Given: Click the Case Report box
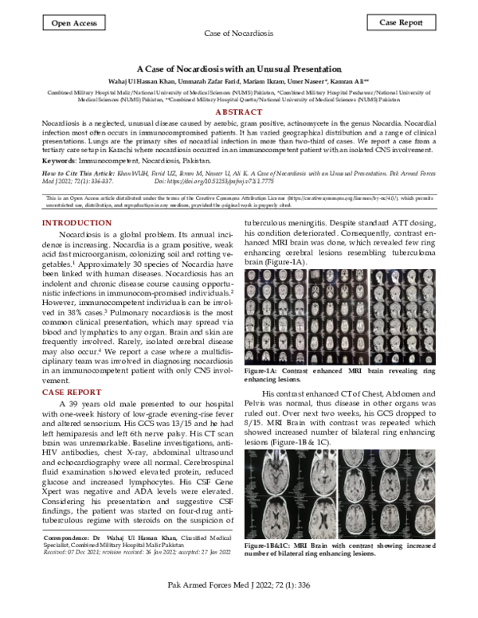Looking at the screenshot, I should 401,23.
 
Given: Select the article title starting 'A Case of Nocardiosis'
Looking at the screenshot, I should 239,70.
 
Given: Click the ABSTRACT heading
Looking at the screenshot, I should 239,114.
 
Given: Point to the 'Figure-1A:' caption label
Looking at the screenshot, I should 265,372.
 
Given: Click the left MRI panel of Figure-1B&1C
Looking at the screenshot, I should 292,494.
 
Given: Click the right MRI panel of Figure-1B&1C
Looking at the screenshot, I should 388,494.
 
